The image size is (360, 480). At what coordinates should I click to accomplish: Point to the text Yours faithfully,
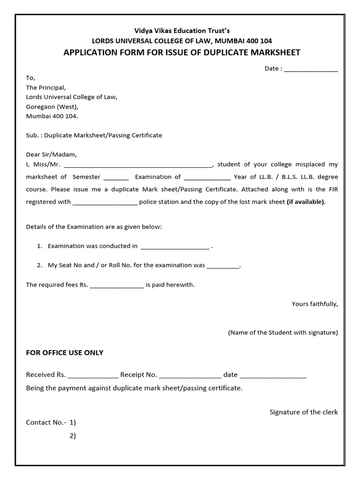(x=315, y=304)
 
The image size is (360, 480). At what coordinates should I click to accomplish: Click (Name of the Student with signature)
(x=283, y=332)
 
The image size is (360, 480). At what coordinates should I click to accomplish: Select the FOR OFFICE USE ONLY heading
(x=65, y=352)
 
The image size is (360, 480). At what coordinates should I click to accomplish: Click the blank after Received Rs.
(x=93, y=375)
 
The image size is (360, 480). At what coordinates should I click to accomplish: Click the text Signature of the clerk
(x=303, y=412)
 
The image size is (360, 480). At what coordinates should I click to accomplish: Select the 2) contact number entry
(x=73, y=435)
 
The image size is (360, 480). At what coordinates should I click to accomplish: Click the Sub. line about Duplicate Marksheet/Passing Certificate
(x=94, y=135)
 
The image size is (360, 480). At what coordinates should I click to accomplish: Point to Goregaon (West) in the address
(x=52, y=106)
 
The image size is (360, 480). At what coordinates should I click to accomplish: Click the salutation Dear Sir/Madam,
(x=51, y=154)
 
